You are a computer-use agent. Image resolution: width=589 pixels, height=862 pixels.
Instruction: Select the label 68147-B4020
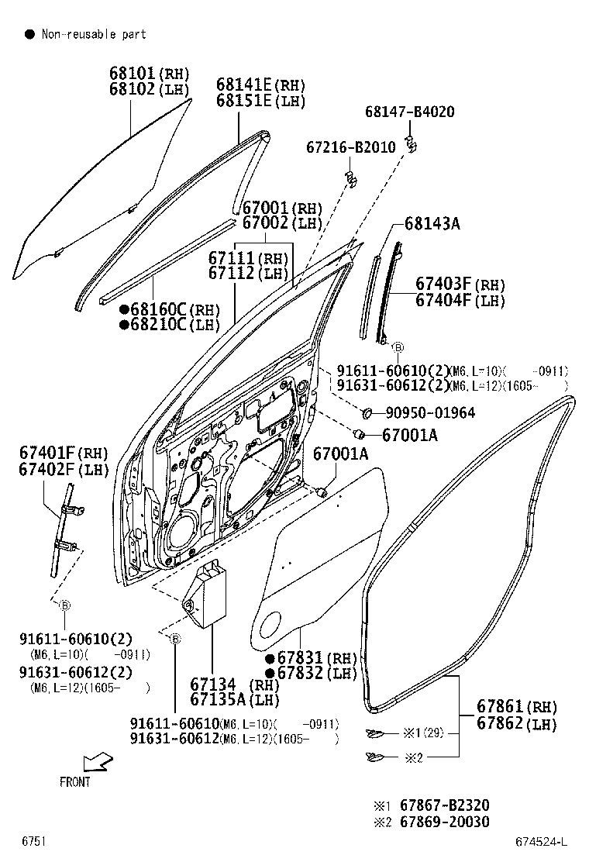(x=409, y=112)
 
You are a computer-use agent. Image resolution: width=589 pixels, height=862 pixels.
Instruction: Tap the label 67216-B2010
(x=350, y=147)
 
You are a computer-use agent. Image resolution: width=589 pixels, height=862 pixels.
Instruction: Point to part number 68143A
(x=432, y=224)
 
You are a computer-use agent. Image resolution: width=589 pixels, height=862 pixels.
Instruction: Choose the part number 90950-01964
(x=429, y=413)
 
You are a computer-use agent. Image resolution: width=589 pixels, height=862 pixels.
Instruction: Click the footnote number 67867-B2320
(x=444, y=805)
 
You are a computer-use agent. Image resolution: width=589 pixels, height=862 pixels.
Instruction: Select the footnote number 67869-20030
(x=444, y=822)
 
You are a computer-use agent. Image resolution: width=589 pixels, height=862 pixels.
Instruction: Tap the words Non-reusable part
(x=93, y=34)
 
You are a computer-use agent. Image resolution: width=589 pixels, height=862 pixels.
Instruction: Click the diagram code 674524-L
(x=542, y=841)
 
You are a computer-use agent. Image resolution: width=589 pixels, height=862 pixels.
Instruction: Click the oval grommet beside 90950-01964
(x=369, y=412)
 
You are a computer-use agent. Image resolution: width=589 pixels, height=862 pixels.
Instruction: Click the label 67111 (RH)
(x=236, y=258)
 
